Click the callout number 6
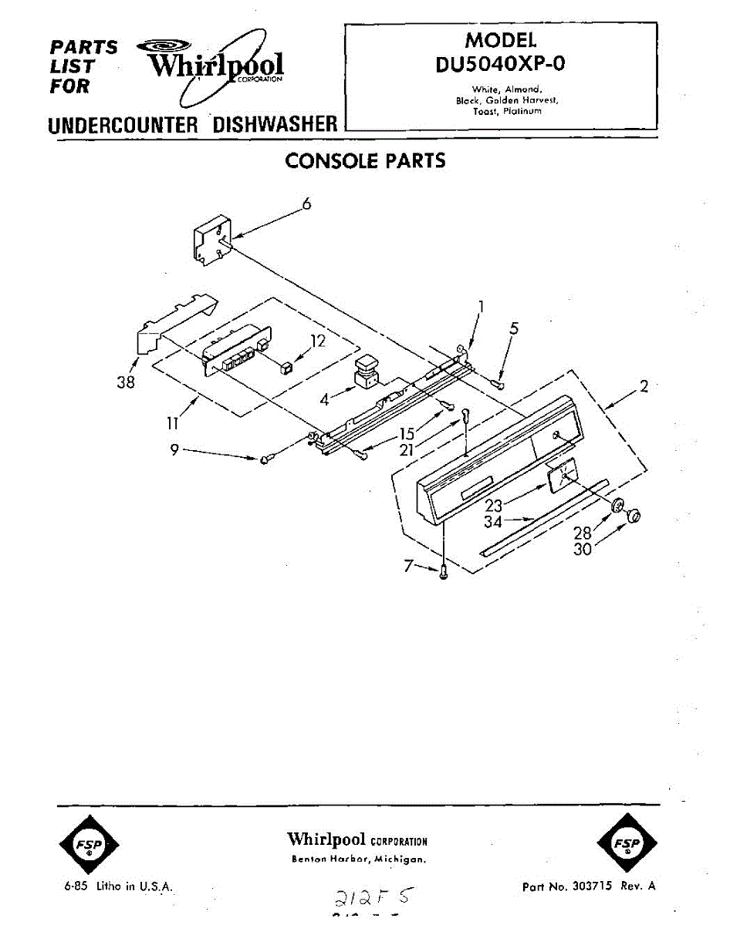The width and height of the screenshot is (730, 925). pyautogui.click(x=306, y=203)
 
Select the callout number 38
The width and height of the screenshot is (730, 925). pyautogui.click(x=126, y=382)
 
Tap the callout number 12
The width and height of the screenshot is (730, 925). pyautogui.click(x=318, y=341)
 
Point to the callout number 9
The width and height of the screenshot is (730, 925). pyautogui.click(x=175, y=450)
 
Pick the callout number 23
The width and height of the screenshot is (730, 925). pyautogui.click(x=494, y=506)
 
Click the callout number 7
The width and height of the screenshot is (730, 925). pyautogui.click(x=408, y=567)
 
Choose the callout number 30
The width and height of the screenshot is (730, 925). pyautogui.click(x=583, y=550)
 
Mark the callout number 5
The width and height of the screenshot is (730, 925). pyautogui.click(x=514, y=328)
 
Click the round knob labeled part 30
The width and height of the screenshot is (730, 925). pyautogui.click(x=634, y=516)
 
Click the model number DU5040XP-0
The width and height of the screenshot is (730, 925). pyautogui.click(x=500, y=63)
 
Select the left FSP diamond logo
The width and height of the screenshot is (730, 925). pyautogui.click(x=88, y=844)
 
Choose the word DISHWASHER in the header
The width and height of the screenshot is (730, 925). pyautogui.click(x=275, y=124)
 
